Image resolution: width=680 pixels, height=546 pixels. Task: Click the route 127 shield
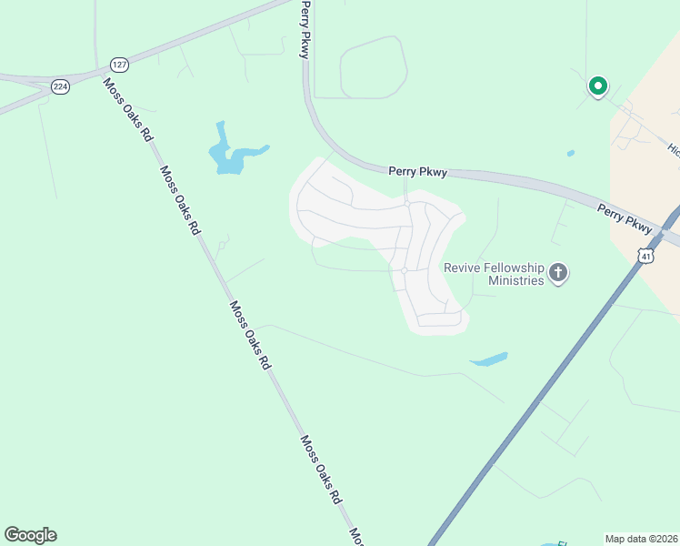[119, 65]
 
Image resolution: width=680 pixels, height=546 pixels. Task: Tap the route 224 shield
[60, 86]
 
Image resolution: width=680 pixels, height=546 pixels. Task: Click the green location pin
[597, 86]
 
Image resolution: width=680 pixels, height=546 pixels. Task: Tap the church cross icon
[558, 273]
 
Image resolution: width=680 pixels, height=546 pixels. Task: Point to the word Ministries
[515, 280]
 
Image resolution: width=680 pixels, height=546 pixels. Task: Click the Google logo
[30, 535]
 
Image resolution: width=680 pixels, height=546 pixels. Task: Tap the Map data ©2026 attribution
[641, 538]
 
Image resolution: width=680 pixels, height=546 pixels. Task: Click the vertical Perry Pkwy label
[305, 29]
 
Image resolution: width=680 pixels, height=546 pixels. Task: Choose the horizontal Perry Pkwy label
[417, 170]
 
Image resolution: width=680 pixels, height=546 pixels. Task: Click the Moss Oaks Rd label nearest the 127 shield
[126, 109]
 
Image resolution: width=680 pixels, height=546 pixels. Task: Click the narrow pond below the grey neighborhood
[489, 359]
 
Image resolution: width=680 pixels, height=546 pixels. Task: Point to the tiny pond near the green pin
[570, 153]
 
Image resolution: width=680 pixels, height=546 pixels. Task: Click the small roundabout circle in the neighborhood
[404, 270]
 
